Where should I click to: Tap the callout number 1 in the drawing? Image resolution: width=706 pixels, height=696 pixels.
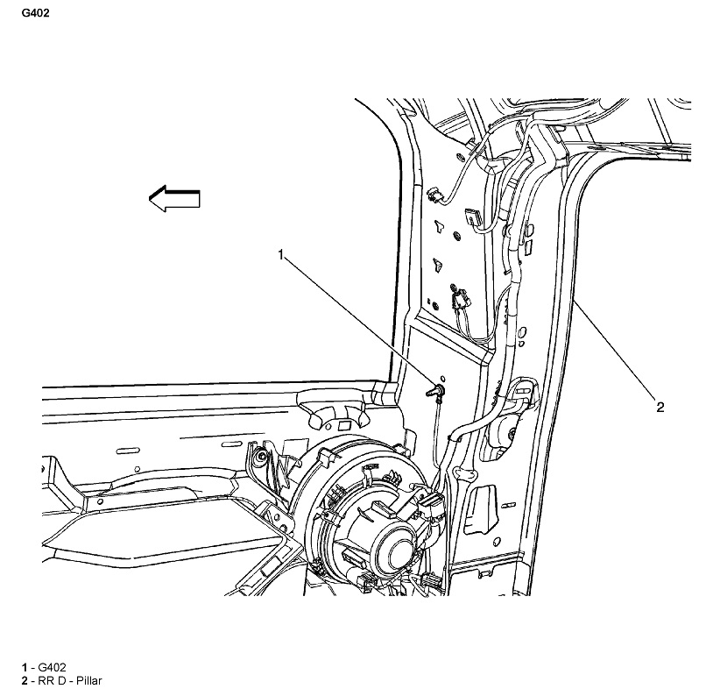281,255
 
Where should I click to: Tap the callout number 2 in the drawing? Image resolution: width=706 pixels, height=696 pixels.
659,407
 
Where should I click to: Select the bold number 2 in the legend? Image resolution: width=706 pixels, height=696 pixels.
25,680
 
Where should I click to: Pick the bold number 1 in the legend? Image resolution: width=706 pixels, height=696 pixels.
25,668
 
